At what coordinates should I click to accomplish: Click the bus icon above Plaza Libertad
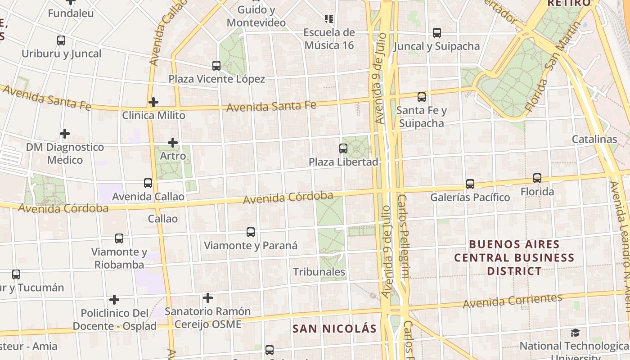[x=343, y=148]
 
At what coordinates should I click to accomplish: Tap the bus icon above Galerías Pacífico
[x=470, y=184]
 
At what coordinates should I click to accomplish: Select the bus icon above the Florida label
[x=537, y=178]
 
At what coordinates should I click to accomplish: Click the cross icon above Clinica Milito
[x=153, y=102]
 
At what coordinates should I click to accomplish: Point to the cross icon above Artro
[x=173, y=143]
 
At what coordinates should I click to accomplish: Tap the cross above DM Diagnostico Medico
[x=65, y=134]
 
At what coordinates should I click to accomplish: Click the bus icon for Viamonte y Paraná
[x=251, y=232]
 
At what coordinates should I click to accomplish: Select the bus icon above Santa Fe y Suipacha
[x=422, y=97]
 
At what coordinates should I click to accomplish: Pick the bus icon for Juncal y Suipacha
[x=436, y=33]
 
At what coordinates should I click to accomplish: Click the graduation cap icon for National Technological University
[x=575, y=333]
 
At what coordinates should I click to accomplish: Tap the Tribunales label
[x=319, y=272]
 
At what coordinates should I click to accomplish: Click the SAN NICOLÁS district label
[x=334, y=328]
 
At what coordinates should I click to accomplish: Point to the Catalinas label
[x=594, y=139]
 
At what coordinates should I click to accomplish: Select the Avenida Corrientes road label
[x=513, y=300]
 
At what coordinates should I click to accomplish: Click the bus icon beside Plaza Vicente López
[x=216, y=66]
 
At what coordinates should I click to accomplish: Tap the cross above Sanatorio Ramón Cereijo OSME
[x=207, y=298]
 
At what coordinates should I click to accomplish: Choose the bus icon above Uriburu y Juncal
[x=61, y=40]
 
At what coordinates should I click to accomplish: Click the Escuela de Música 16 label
[x=329, y=39]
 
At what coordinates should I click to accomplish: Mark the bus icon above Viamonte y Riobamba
[x=119, y=238]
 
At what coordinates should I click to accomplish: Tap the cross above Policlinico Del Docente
[x=114, y=300]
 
